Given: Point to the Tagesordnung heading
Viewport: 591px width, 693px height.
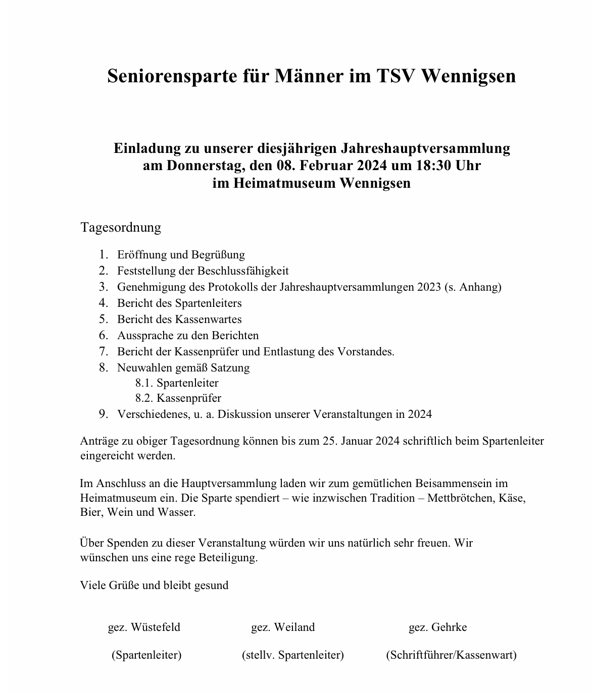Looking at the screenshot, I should click(x=121, y=227).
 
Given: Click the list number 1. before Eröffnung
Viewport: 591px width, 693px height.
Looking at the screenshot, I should click(x=104, y=255).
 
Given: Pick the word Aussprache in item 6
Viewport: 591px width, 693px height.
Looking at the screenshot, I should click(x=142, y=336).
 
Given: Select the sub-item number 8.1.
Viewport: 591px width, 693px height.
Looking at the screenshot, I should click(x=144, y=383).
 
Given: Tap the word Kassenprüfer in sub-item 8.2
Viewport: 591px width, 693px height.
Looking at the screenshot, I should click(x=189, y=398).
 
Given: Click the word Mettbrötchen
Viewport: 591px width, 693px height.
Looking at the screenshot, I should click(x=461, y=498).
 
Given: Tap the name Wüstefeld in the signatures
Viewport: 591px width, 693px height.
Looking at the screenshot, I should click(x=155, y=627).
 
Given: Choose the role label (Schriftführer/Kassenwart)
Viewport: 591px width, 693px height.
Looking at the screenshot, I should click(x=451, y=655).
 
